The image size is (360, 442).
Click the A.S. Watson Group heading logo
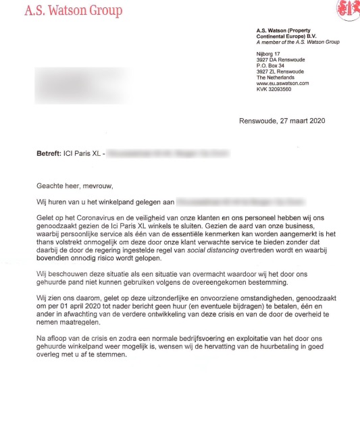74,10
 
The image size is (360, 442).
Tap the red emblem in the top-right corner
349,9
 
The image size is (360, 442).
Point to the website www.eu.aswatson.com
282,82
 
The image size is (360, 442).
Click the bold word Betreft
49,154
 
